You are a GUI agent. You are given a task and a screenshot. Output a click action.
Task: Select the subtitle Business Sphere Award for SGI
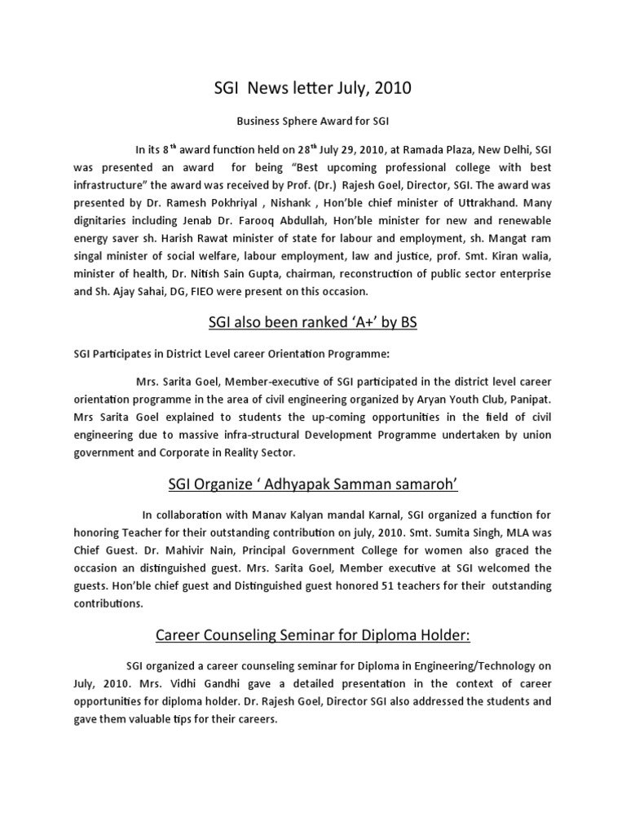click(x=312, y=121)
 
